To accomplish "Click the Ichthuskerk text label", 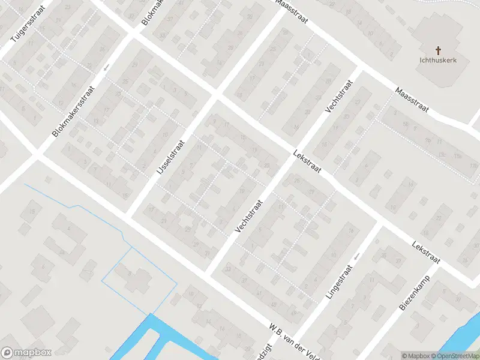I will pyautogui.click(x=438, y=61).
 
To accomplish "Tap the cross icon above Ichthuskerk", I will pyautogui.click(x=438, y=50).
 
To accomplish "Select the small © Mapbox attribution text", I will pyautogui.click(x=415, y=356).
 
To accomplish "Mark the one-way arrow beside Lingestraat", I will pyautogui.click(x=356, y=257).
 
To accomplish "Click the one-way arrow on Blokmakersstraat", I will pyautogui.click(x=106, y=67).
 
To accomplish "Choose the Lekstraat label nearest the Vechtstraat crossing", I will pyautogui.click(x=308, y=163).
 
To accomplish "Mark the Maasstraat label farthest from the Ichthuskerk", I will pyautogui.click(x=292, y=10).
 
